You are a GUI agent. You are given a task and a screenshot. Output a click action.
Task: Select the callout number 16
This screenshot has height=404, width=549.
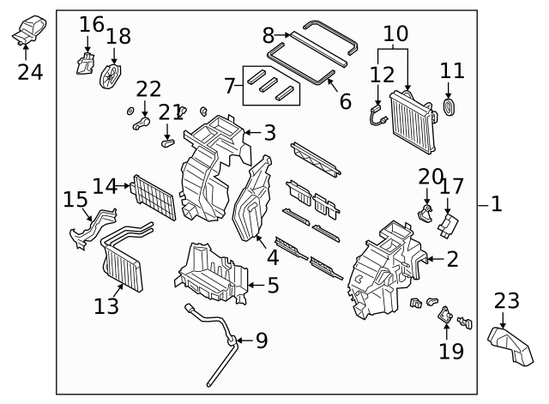point(91,23)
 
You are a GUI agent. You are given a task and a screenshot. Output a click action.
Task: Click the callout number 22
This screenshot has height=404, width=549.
point(148,88)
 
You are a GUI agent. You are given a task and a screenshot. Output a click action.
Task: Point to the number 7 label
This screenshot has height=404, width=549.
point(228,86)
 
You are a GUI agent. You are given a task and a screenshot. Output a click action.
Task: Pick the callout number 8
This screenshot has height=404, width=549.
point(268,35)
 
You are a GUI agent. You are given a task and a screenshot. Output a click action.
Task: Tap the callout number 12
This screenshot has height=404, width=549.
point(381,75)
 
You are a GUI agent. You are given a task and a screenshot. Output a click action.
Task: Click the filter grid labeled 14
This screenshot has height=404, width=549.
point(154,199)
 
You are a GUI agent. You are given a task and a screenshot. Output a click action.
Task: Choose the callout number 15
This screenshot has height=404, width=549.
point(75,200)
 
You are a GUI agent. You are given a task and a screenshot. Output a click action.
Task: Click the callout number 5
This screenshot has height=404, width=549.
point(272,285)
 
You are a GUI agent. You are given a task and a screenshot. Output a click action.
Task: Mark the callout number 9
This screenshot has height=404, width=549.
point(261,341)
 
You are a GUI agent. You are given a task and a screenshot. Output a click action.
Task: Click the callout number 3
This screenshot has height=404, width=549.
point(269,133)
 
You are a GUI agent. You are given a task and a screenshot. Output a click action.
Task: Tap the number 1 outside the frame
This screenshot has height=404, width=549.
point(497,204)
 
